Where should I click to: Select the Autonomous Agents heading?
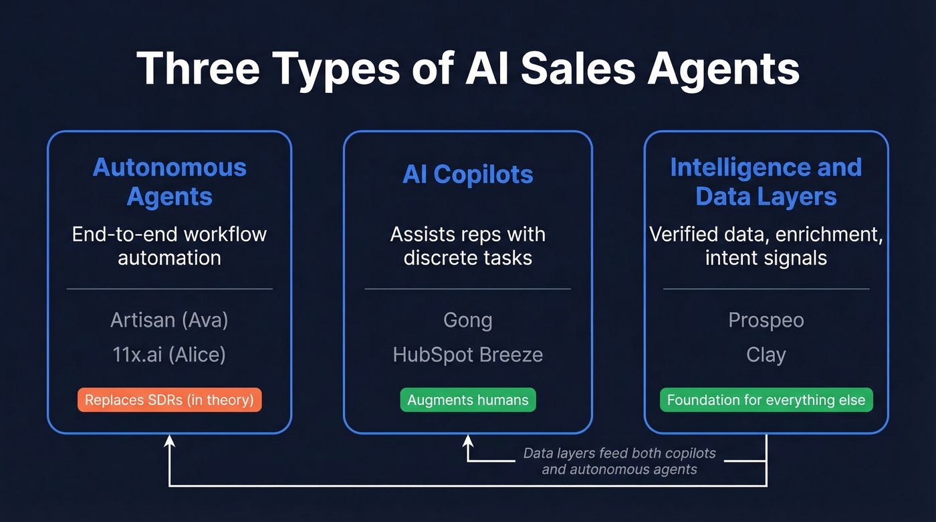[169, 182]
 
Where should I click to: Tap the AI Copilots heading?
[468, 174]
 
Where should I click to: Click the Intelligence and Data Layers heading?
[766, 182]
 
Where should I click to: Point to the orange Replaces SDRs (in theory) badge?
[169, 400]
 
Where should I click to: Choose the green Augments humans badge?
[468, 400]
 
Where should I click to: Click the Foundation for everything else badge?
[766, 400]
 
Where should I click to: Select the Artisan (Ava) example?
[169, 320]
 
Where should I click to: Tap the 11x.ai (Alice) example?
[169, 354]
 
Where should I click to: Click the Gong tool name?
[468, 320]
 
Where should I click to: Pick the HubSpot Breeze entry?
[468, 354]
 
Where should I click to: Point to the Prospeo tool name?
[766, 320]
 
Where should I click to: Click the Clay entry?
[766, 354]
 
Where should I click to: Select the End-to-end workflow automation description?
[169, 245]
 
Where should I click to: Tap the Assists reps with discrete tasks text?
[468, 245]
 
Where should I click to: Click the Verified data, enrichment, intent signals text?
[766, 245]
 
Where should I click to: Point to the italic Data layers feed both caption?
[619, 461]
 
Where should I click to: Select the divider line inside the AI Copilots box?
[468, 289]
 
